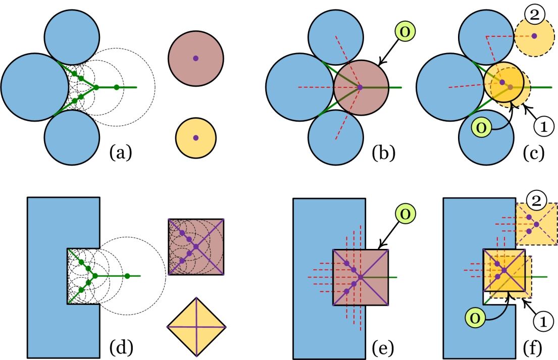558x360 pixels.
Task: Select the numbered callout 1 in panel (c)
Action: point(543,127)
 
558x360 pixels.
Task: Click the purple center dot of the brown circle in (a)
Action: point(196,58)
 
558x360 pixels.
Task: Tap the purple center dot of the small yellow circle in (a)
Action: point(196,138)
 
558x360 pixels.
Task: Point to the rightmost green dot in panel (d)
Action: point(127,276)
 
